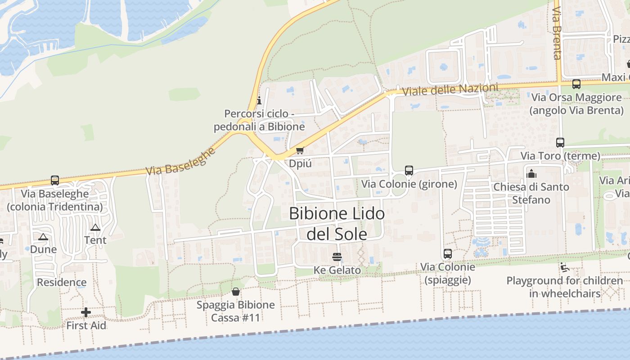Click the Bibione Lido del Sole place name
(337, 223)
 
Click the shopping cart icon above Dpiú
(300, 150)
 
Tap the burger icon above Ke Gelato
(337, 257)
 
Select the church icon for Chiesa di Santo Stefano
(531, 173)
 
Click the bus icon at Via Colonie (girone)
(409, 171)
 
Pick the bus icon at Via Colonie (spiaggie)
(447, 253)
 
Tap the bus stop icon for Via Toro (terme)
(560, 143)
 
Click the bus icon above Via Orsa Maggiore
(576, 84)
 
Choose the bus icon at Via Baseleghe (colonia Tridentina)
(55, 180)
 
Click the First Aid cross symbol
(86, 312)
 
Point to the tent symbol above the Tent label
(95, 228)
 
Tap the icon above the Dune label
(43, 237)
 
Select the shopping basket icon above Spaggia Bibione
(235, 292)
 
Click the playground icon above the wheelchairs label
(564, 267)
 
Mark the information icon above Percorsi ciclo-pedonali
(259, 100)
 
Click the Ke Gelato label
(337, 270)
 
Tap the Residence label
(62, 283)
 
